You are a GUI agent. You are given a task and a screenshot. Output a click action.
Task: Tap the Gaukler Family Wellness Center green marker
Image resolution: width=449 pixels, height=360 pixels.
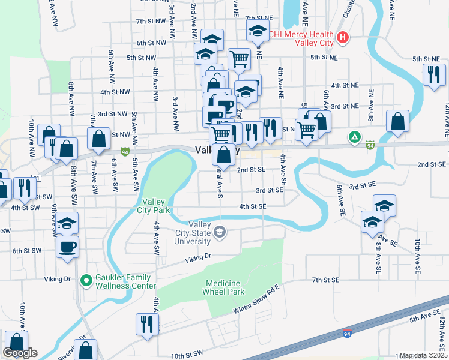coord(86,280)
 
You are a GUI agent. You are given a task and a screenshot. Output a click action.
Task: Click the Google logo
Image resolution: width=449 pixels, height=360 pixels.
coord(20,353)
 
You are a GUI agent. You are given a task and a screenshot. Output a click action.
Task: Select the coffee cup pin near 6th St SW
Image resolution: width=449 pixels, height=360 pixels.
coord(68,246)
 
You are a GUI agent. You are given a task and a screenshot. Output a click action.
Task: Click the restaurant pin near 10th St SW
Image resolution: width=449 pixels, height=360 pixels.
coord(146,324)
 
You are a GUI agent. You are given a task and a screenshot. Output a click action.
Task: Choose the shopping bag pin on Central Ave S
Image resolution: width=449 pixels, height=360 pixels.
coord(223,155)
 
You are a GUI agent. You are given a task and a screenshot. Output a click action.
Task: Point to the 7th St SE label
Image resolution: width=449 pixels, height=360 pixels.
coord(325,280)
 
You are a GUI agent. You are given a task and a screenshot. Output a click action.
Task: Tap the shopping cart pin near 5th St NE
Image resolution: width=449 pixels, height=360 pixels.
coord(239,59)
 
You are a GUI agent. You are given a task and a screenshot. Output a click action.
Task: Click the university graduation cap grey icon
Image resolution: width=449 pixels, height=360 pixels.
coord(220,232)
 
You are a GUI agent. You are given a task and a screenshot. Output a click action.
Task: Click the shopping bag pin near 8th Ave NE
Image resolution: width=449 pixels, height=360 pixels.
coord(397,121)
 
